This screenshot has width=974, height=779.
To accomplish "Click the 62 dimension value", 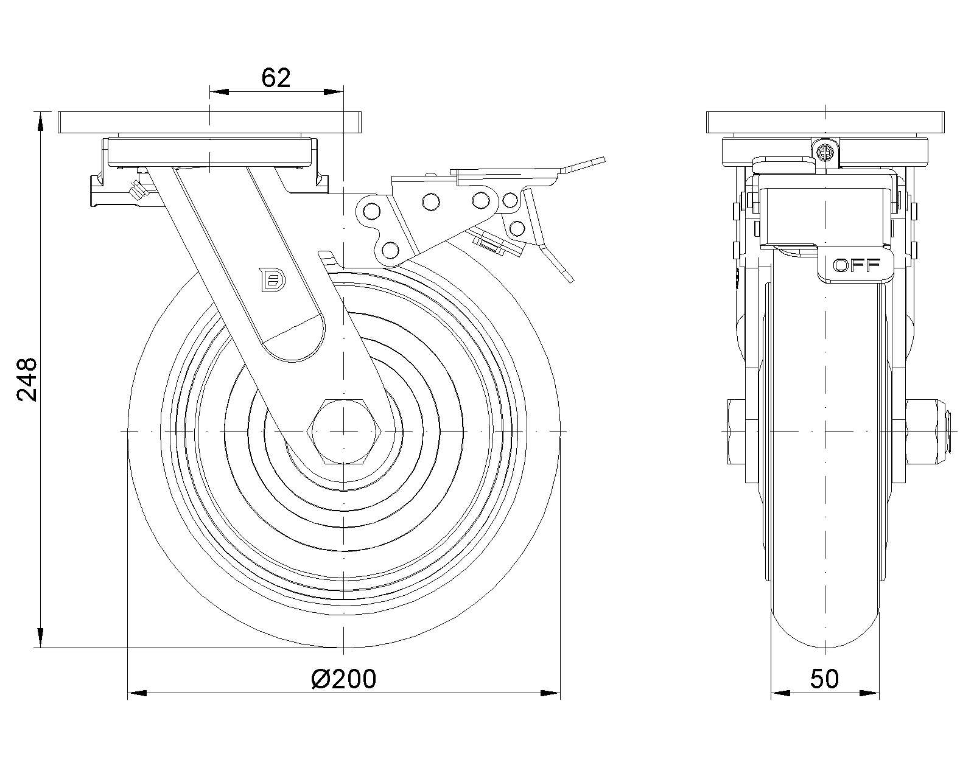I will click(x=276, y=78).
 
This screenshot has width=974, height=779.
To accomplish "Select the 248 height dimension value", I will click(x=27, y=379).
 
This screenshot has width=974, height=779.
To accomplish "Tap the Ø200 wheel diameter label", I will click(x=343, y=679).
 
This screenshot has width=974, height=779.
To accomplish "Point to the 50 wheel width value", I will click(x=825, y=679).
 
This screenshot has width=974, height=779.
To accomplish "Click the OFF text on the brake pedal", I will click(x=857, y=265).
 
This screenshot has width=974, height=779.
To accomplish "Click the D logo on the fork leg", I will click(x=273, y=281).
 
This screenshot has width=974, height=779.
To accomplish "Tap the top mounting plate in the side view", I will click(x=825, y=122).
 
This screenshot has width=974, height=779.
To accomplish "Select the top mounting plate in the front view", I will click(x=210, y=122).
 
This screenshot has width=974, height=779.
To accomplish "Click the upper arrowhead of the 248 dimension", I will click(x=40, y=122).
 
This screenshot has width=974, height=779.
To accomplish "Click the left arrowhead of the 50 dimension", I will click(x=781, y=693).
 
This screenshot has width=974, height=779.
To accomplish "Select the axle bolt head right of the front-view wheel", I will click(x=928, y=431).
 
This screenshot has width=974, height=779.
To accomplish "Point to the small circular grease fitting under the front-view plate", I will click(x=825, y=152).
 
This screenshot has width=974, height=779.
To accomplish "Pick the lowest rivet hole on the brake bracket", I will click(x=390, y=250).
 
